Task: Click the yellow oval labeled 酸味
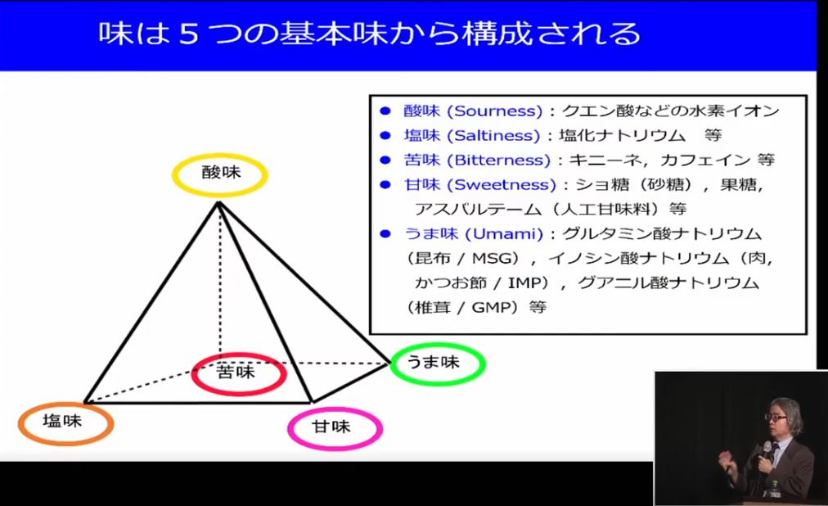(220, 156)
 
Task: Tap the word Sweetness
(505, 185)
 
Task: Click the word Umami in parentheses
(504, 234)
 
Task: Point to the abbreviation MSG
(493, 258)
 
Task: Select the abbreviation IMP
(524, 283)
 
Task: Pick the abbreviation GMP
(493, 307)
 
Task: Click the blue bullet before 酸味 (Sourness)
(385, 111)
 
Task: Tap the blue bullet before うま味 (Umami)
(385, 234)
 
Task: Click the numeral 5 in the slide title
(188, 34)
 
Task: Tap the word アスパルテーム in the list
(478, 209)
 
